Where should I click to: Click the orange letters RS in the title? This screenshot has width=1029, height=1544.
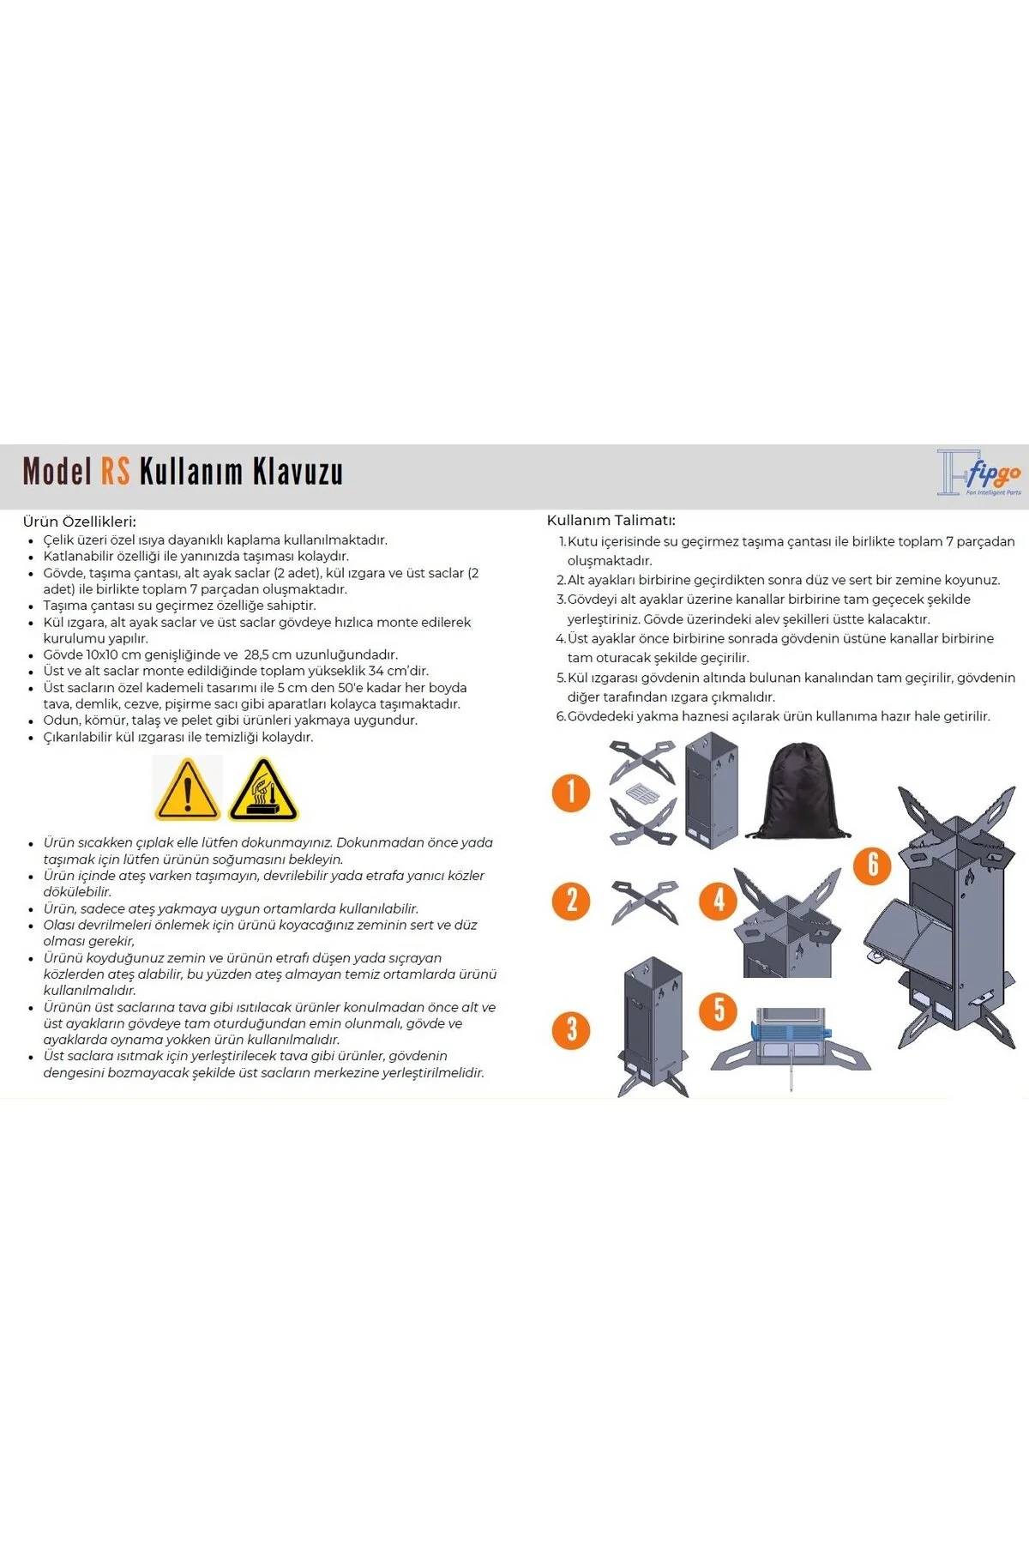tap(116, 471)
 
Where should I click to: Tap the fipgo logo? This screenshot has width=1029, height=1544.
tap(979, 473)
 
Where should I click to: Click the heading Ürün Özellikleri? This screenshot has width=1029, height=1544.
tap(80, 522)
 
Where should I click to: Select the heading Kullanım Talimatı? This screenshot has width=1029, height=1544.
tap(611, 520)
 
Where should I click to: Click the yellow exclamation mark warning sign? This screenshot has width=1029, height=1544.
tap(187, 788)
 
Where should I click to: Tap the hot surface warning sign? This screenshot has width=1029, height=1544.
tap(263, 788)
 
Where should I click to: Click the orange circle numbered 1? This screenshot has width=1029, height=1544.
tap(571, 792)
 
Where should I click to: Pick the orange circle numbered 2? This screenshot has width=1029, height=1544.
tap(571, 901)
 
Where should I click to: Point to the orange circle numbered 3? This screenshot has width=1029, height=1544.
tap(571, 1029)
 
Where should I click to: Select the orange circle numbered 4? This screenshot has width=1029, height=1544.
tap(719, 900)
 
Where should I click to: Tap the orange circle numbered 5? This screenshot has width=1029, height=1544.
tap(719, 1010)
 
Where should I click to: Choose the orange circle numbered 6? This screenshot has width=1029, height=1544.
tap(873, 865)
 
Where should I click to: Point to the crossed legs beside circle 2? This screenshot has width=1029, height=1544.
tap(645, 901)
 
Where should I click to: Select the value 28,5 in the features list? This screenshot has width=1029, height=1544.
tap(259, 654)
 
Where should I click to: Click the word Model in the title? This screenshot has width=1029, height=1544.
tap(57, 471)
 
